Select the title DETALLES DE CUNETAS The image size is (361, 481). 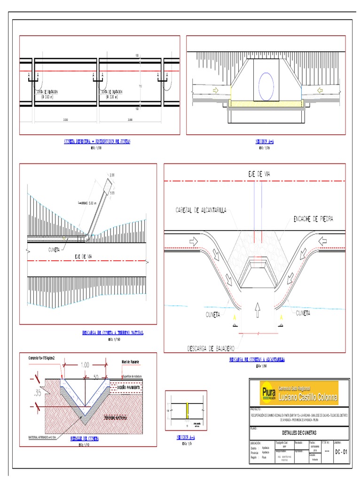pos(300,432)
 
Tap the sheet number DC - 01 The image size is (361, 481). pos(341,452)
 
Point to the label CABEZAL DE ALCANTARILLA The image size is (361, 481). pos(201,209)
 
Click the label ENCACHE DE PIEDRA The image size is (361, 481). pos(314,219)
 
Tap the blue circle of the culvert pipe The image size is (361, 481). pos(265,87)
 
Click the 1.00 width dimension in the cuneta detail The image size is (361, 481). pos(84,365)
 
